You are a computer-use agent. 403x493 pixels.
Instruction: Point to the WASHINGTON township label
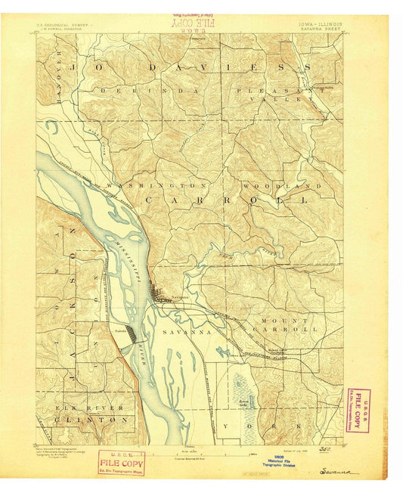(157, 185)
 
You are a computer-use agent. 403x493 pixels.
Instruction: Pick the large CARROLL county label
(226, 200)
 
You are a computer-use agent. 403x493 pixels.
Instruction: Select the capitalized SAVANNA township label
(186, 332)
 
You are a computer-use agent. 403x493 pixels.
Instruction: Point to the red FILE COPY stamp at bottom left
(120, 462)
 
